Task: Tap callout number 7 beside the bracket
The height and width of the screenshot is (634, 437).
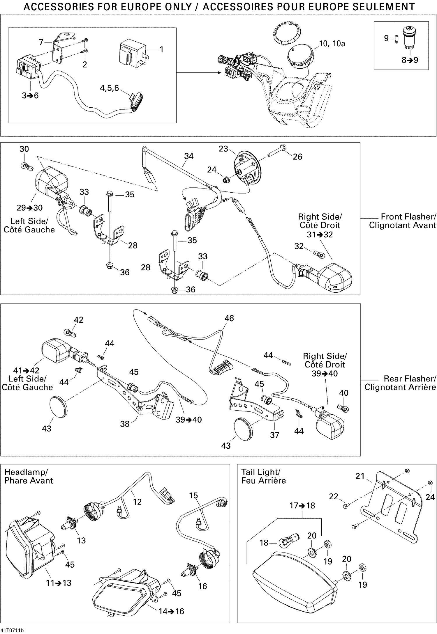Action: click(x=41, y=42)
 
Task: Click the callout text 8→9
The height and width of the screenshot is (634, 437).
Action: click(x=410, y=60)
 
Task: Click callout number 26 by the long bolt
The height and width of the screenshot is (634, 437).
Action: click(x=297, y=157)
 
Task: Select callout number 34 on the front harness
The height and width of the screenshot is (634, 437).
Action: click(x=189, y=156)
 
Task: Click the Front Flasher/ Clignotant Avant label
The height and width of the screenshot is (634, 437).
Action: click(x=403, y=221)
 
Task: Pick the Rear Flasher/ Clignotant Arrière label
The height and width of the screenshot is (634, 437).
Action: click(x=400, y=383)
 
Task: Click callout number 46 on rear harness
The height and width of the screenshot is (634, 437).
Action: click(x=229, y=318)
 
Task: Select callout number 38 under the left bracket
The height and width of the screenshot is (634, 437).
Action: click(x=125, y=424)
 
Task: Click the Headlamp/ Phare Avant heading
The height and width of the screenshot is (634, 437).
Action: click(x=29, y=476)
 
